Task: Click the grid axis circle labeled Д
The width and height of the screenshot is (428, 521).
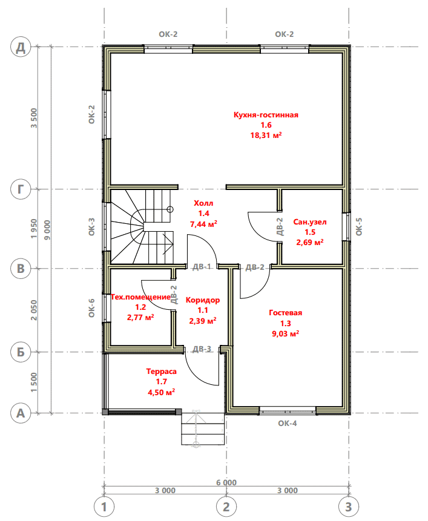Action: pos(21,47)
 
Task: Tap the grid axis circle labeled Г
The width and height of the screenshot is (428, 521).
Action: pos(21,189)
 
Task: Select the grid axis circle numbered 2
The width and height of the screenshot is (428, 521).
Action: pos(226,507)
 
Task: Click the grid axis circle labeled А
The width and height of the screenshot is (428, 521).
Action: pos(21,413)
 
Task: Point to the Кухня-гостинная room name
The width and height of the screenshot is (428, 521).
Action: pos(266,115)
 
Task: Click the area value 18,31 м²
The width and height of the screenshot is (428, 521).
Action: pos(266,135)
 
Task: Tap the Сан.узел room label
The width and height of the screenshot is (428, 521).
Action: pos(310,222)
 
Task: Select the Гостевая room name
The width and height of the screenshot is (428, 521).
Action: pos(286,313)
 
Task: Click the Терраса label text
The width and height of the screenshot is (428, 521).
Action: pos(162,372)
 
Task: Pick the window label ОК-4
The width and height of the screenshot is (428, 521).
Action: pos(288,424)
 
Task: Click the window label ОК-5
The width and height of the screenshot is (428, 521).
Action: pos(359,226)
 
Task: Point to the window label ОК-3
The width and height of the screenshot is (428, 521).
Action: pos(92,226)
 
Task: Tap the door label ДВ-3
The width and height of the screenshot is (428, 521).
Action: pos(202,349)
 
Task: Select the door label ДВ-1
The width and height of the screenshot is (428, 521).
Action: pos(202,266)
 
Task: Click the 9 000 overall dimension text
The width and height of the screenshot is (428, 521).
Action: pos(47,230)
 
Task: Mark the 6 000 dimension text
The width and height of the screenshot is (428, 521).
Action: pos(226,482)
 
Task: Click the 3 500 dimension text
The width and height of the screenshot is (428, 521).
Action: pos(34,118)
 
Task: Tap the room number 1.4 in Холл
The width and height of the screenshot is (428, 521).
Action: pos(203,214)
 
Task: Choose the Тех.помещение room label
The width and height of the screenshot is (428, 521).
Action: pos(140,297)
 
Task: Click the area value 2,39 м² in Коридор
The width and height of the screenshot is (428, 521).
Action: pos(203,321)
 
